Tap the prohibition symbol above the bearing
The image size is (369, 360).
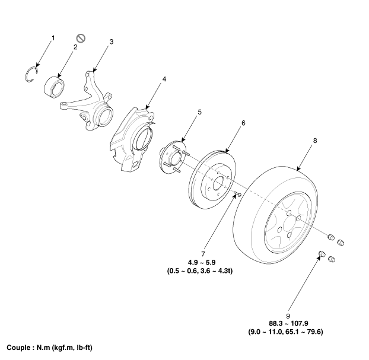click(81, 39)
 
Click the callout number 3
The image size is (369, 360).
click(112, 42)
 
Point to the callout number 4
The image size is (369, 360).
click(164, 79)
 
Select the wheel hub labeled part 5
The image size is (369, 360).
click(173, 157)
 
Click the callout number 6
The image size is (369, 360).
click(243, 123)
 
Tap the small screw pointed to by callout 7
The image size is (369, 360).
click(238, 194)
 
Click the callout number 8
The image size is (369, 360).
click(315, 141)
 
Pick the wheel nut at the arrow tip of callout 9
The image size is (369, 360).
click(322, 254)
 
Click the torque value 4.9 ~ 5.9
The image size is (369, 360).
click(202, 262)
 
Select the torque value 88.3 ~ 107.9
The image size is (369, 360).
click(288, 323)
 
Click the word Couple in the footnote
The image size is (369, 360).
click(18, 348)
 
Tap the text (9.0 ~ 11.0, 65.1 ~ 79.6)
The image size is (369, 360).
click(286, 332)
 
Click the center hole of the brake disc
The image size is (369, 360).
click(218, 183)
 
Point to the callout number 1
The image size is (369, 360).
click(53, 38)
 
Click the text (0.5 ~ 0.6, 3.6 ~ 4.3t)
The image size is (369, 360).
click(200, 271)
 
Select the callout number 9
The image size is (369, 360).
click(288, 316)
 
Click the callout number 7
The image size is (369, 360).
click(203, 254)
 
